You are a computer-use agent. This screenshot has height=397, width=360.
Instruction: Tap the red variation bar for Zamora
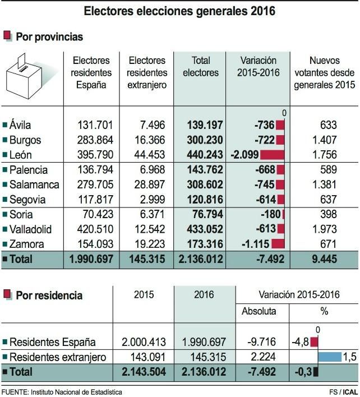(x=277, y=244)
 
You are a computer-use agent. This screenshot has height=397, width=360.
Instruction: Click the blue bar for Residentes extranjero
(x=330, y=357)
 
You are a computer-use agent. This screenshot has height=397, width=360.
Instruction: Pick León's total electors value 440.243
(x=200, y=155)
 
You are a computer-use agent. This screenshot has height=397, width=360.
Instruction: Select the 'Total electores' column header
(x=200, y=66)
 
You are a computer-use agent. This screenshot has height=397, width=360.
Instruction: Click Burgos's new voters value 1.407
(x=325, y=140)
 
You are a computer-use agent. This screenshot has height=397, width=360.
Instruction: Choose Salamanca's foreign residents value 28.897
(x=147, y=184)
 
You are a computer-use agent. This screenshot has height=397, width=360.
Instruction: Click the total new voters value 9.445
(x=325, y=259)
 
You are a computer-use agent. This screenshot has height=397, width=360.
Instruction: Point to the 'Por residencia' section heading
(x=49, y=295)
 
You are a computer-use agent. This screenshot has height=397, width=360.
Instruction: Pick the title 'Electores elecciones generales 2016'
(x=179, y=11)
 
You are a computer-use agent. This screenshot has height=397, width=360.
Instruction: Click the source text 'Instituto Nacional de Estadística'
(x=78, y=391)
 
